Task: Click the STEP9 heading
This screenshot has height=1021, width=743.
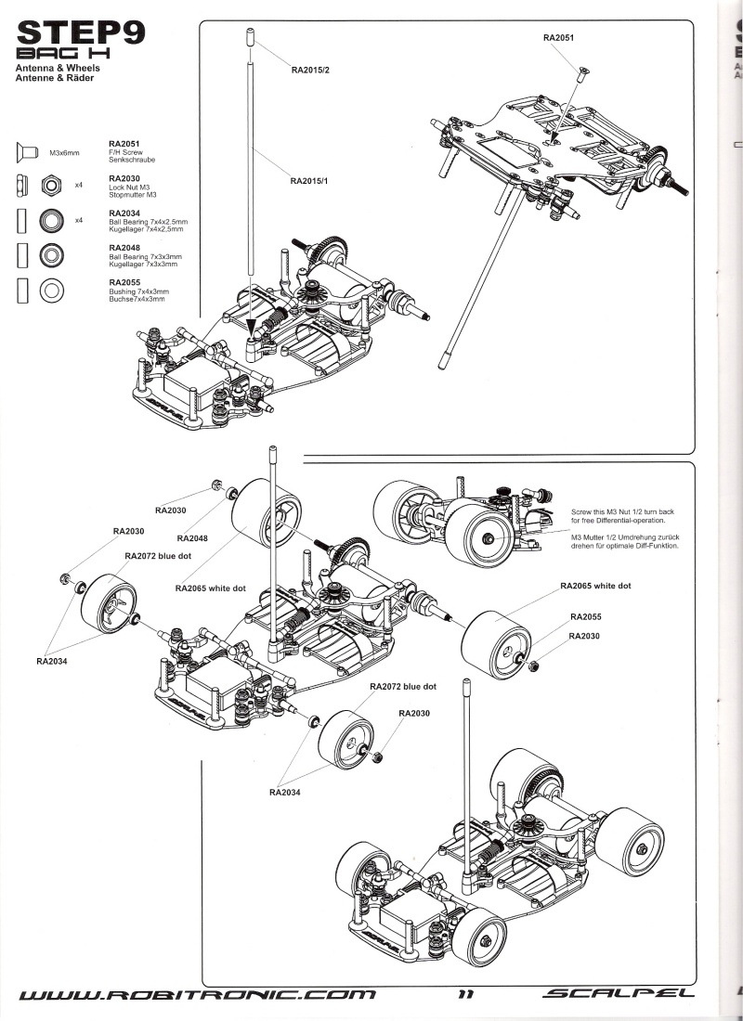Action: click(81, 32)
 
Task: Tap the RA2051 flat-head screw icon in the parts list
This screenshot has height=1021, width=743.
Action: click(27, 152)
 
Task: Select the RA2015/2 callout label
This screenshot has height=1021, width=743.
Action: click(310, 70)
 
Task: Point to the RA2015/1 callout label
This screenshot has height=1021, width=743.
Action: click(309, 180)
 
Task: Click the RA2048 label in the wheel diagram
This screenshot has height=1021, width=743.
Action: click(192, 538)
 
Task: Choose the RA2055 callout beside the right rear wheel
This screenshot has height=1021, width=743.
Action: click(585, 616)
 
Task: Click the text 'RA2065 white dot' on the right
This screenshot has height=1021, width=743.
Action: click(595, 586)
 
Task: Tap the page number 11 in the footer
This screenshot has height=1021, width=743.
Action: click(465, 994)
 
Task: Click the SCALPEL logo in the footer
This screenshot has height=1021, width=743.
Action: click(619, 994)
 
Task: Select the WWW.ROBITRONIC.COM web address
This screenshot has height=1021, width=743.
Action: click(198, 994)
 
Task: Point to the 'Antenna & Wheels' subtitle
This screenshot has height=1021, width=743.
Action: click(58, 68)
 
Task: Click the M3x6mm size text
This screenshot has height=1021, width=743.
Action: click(64, 153)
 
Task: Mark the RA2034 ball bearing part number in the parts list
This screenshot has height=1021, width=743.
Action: click(124, 213)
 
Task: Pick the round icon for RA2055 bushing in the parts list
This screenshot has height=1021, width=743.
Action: click(51, 291)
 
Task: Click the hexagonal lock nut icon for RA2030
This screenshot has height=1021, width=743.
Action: click(51, 186)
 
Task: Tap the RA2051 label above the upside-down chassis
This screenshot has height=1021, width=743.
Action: click(558, 38)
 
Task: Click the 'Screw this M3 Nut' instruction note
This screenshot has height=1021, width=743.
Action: click(622, 516)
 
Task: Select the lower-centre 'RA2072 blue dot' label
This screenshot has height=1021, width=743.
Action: click(403, 686)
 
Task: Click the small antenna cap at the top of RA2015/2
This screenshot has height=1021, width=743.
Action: click(250, 37)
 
